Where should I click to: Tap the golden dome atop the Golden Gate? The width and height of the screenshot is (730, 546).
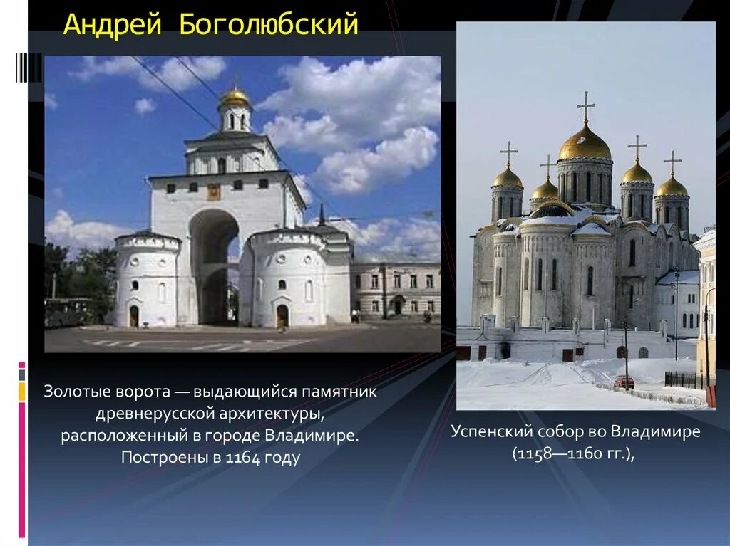point(235,98)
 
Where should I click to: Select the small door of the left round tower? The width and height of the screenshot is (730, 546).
point(134,316)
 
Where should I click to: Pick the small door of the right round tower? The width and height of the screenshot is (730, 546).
point(282,315)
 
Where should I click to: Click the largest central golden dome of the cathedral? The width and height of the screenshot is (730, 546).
point(585,145)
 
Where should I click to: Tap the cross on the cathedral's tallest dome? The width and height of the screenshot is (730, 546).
point(586,105)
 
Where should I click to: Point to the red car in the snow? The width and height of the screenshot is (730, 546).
point(624,382)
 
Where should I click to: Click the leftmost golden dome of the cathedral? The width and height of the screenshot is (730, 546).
point(508,177)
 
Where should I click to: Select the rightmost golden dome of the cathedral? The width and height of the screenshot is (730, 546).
point(672,187)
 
